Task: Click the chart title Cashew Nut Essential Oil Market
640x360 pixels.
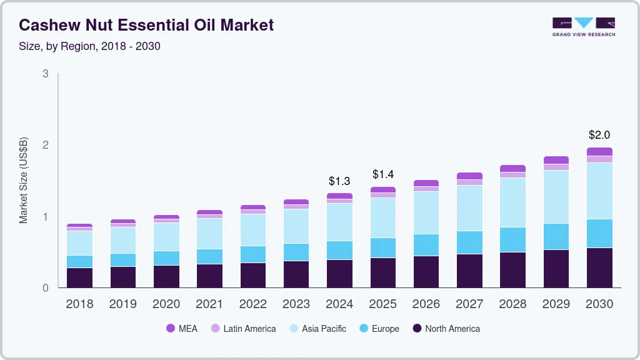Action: pyautogui.click(x=146, y=25)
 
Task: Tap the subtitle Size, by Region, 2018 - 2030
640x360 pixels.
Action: pyautogui.click(x=89, y=46)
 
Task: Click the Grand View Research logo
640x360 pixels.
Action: pyautogui.click(x=583, y=26)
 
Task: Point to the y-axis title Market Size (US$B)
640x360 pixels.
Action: pyautogui.click(x=24, y=181)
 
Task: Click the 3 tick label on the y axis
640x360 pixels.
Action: pyautogui.click(x=45, y=74)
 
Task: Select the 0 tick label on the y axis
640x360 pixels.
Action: pyautogui.click(x=45, y=288)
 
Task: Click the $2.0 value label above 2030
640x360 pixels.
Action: pyautogui.click(x=599, y=135)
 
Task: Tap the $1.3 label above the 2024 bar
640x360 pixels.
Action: pyautogui.click(x=339, y=181)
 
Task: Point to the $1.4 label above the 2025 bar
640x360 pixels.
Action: pyautogui.click(x=382, y=174)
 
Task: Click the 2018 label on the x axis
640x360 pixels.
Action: pyautogui.click(x=79, y=304)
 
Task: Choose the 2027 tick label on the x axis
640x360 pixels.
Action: pyautogui.click(x=469, y=304)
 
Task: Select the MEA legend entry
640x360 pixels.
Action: pyautogui.click(x=181, y=329)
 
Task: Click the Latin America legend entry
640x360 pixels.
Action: pyautogui.click(x=243, y=329)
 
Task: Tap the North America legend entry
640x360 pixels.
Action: pyautogui.click(x=446, y=329)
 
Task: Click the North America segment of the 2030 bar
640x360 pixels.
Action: pyautogui.click(x=599, y=267)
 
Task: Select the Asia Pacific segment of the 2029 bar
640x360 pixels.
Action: pyautogui.click(x=556, y=197)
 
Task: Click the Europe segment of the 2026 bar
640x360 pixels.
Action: pyautogui.click(x=426, y=245)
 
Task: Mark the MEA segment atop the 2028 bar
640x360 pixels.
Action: pyautogui.click(x=512, y=168)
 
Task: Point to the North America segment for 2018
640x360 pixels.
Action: pyautogui.click(x=79, y=277)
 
